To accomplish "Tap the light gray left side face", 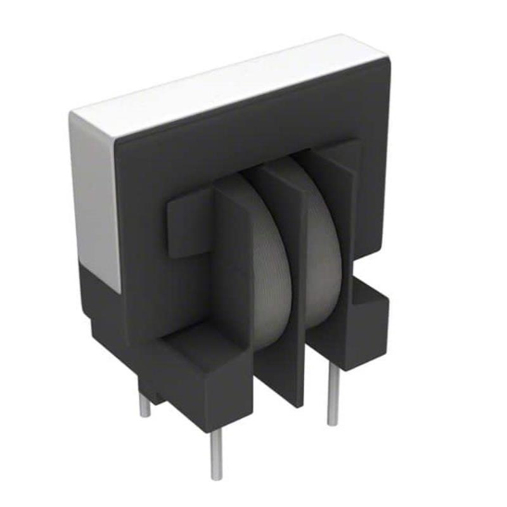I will (95, 203).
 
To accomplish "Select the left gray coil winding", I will (266, 266).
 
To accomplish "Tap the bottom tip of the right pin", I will (333, 423).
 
